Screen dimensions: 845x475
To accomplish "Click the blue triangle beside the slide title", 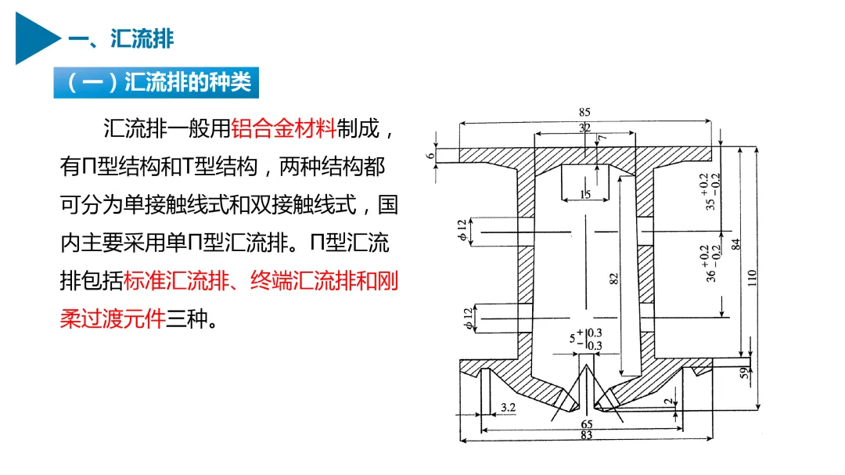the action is point(35,38).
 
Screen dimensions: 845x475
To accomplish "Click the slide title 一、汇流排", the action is point(120,38).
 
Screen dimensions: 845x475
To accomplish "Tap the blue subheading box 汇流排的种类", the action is point(156,82).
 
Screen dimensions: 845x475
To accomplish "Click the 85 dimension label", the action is point(585,113).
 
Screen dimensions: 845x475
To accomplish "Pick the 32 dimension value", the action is point(584,128).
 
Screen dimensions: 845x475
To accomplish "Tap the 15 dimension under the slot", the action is point(585,194).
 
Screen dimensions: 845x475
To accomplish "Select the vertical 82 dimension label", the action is point(614,277).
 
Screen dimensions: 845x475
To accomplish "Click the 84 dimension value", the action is point(735,244).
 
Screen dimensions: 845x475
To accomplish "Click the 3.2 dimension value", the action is point(507,407).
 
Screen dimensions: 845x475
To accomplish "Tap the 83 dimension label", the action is point(586,435).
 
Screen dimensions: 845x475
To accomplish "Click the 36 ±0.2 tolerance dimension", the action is point(709,263).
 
